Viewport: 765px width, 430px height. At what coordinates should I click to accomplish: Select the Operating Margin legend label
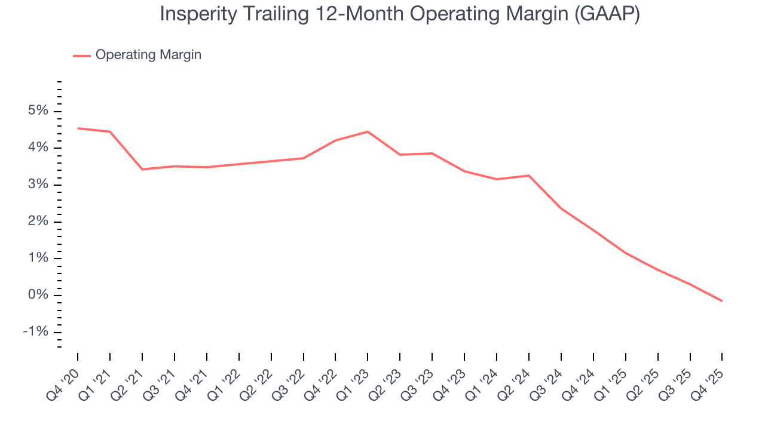point(148,55)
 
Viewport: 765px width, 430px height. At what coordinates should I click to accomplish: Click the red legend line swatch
point(82,56)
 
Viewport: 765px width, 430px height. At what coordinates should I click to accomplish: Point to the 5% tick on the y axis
point(38,111)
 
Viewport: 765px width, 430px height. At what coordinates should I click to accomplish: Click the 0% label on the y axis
point(38,296)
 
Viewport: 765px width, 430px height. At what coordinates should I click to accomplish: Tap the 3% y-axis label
point(38,185)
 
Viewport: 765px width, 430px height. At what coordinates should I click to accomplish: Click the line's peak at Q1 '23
point(368,131)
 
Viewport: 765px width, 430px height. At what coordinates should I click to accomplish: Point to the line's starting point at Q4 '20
point(78,128)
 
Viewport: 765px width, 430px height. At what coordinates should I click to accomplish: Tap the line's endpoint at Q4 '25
point(722,301)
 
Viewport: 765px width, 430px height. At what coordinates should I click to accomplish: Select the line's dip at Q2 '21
point(142,170)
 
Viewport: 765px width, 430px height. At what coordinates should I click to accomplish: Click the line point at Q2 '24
point(529,176)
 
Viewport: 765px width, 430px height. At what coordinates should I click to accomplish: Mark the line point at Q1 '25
point(625,253)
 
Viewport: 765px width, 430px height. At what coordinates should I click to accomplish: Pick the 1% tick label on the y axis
point(38,259)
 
